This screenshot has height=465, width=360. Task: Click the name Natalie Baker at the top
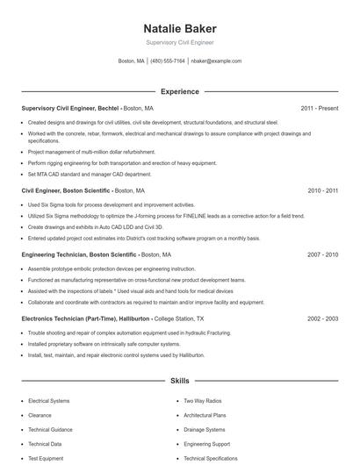pyautogui.click(x=179, y=28)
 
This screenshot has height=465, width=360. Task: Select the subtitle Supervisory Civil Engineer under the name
pyautogui.click(x=179, y=42)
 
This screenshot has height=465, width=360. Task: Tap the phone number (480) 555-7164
pyautogui.click(x=168, y=61)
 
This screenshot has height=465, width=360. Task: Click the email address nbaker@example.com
pyautogui.click(x=216, y=61)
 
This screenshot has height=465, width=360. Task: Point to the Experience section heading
pyautogui.click(x=179, y=91)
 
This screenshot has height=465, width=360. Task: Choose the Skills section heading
pyautogui.click(x=179, y=382)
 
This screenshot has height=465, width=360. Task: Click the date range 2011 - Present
pyautogui.click(x=319, y=109)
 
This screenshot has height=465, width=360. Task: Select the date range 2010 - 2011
pyautogui.click(x=322, y=190)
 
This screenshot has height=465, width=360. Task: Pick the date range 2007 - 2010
pyautogui.click(x=322, y=254)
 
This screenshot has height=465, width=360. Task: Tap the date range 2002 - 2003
pyautogui.click(x=322, y=319)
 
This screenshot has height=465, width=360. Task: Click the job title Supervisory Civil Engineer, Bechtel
pyautogui.click(x=70, y=109)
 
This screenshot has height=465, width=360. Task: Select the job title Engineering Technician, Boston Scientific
pyautogui.click(x=79, y=254)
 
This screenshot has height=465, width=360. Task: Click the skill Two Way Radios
pyautogui.click(x=201, y=401)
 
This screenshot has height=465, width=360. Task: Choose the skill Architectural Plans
pyautogui.click(x=205, y=415)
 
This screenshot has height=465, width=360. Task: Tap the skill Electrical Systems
pyautogui.click(x=48, y=401)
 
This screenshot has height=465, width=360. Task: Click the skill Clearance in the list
pyautogui.click(x=40, y=415)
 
